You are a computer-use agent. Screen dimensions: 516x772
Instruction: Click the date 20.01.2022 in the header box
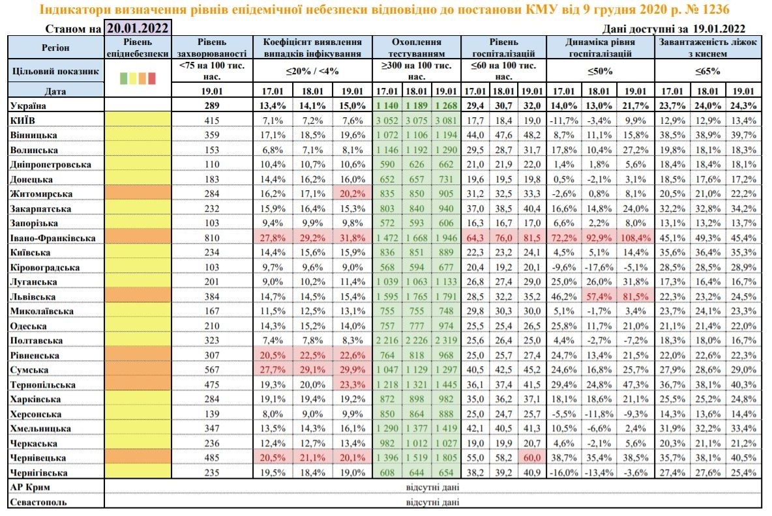[x=138, y=28]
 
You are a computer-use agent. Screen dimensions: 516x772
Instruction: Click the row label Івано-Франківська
[x=52, y=238]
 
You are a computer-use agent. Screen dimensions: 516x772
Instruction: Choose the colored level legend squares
[x=138, y=78]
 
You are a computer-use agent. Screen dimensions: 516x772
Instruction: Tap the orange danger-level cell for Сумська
[x=138, y=370]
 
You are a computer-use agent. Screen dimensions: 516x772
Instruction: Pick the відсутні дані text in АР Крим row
[x=432, y=487]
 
